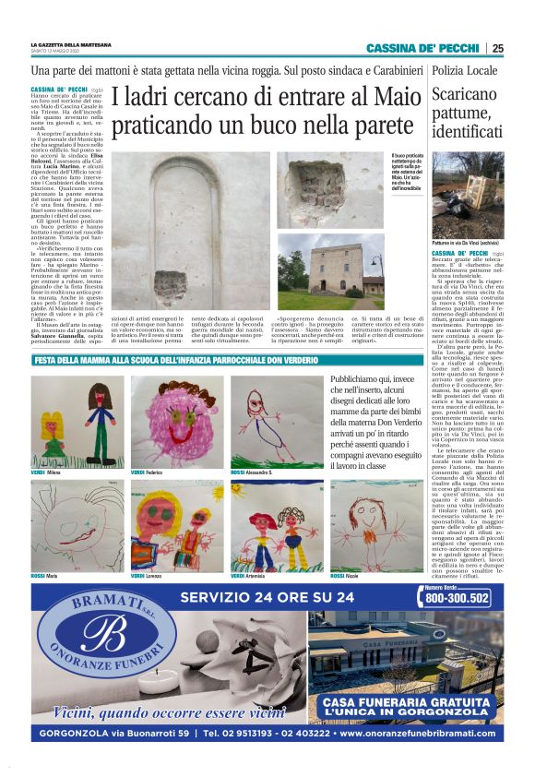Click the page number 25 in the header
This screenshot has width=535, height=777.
click(x=497, y=49)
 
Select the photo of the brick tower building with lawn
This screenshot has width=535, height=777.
click(x=331, y=271)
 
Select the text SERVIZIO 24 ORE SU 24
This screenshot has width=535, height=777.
click(x=267, y=597)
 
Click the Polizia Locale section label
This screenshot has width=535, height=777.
click(x=465, y=71)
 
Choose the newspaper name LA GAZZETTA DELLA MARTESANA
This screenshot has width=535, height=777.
click(x=71, y=44)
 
